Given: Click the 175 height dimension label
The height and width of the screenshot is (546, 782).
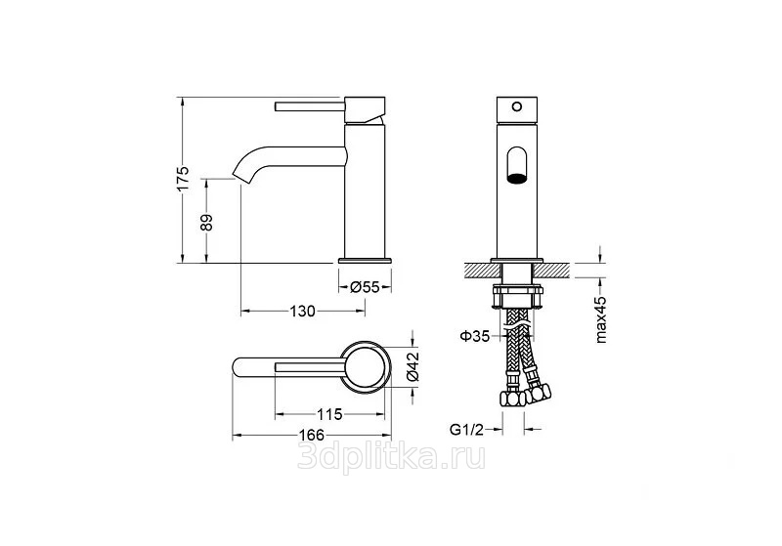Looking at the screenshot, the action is tap(183, 179).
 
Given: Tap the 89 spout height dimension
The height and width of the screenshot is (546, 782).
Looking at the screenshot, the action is tap(206, 222).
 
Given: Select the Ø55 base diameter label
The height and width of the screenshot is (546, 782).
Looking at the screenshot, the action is tap(365, 287).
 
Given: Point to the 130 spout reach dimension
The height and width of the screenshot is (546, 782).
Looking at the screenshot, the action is tap(303, 312).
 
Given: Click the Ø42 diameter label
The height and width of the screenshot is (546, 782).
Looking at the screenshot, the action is tap(413, 366).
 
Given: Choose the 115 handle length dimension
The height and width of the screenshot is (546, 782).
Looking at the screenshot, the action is tap(329, 414).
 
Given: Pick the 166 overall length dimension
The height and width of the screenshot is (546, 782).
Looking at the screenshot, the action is tap(312, 435).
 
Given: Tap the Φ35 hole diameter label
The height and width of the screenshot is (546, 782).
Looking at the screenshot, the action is tap(475, 336).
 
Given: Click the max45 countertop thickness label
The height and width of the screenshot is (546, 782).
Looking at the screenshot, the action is tap(601, 319).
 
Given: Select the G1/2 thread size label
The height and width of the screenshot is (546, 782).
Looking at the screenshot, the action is tap(467, 429).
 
